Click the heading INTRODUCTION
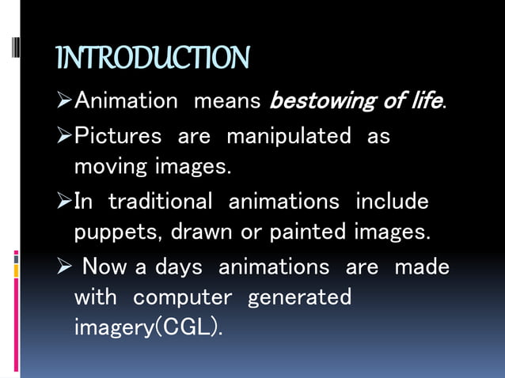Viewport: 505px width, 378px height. pos(153,58)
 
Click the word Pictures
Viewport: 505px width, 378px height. pos(118,136)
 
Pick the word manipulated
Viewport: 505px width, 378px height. pos(288,136)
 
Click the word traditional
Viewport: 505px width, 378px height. pos(161,202)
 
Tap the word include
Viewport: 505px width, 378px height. pos(392,202)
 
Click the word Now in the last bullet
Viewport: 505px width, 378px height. pos(105,267)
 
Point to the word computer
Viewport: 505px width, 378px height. pos(182,297)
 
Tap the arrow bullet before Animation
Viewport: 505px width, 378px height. pos(65,102)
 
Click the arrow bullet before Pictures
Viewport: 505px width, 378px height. pos(65,136)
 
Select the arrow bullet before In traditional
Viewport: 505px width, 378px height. pos(65,202)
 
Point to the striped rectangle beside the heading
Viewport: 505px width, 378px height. pos(15,57)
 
